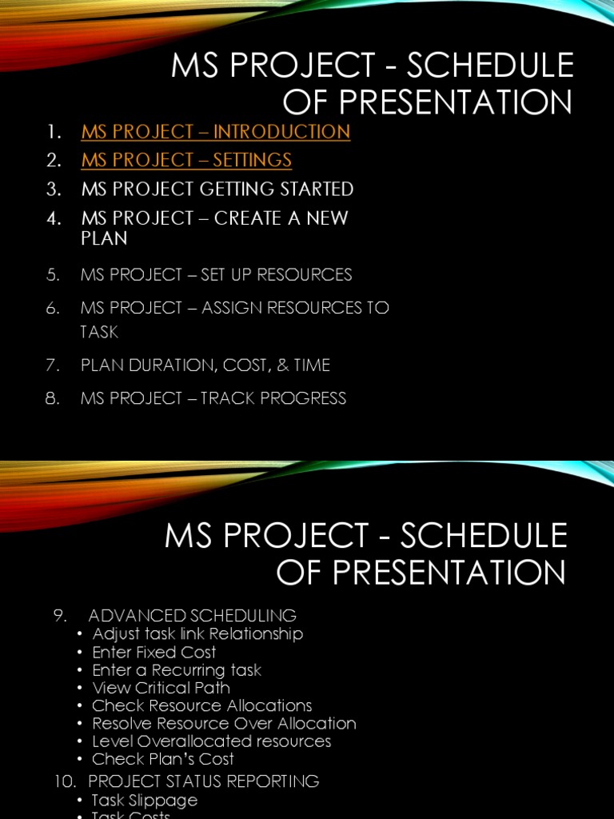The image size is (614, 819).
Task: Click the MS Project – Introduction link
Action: click(215, 132)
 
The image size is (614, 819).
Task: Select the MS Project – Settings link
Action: click(186, 160)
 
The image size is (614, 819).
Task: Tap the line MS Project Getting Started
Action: click(217, 190)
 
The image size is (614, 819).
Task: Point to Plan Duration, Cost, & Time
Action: click(205, 366)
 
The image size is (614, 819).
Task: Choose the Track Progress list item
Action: click(213, 398)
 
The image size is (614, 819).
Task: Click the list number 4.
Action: click(54, 218)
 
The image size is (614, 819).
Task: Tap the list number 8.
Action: click(53, 398)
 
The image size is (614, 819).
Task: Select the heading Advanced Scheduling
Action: click(192, 616)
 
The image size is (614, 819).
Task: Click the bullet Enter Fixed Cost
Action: click(153, 652)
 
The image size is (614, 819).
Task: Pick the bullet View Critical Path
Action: click(161, 688)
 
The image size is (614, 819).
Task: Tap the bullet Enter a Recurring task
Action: click(177, 670)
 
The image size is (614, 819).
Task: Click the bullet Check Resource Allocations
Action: click(201, 705)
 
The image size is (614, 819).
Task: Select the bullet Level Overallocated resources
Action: click(211, 741)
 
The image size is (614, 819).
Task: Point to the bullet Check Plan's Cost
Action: click(163, 759)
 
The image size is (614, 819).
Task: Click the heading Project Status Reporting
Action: click(203, 781)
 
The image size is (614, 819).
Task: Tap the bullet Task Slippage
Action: click(144, 800)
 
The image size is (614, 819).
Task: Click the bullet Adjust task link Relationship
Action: click(197, 634)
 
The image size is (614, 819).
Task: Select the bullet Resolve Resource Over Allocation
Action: click(224, 724)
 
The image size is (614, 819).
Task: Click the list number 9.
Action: click(58, 616)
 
